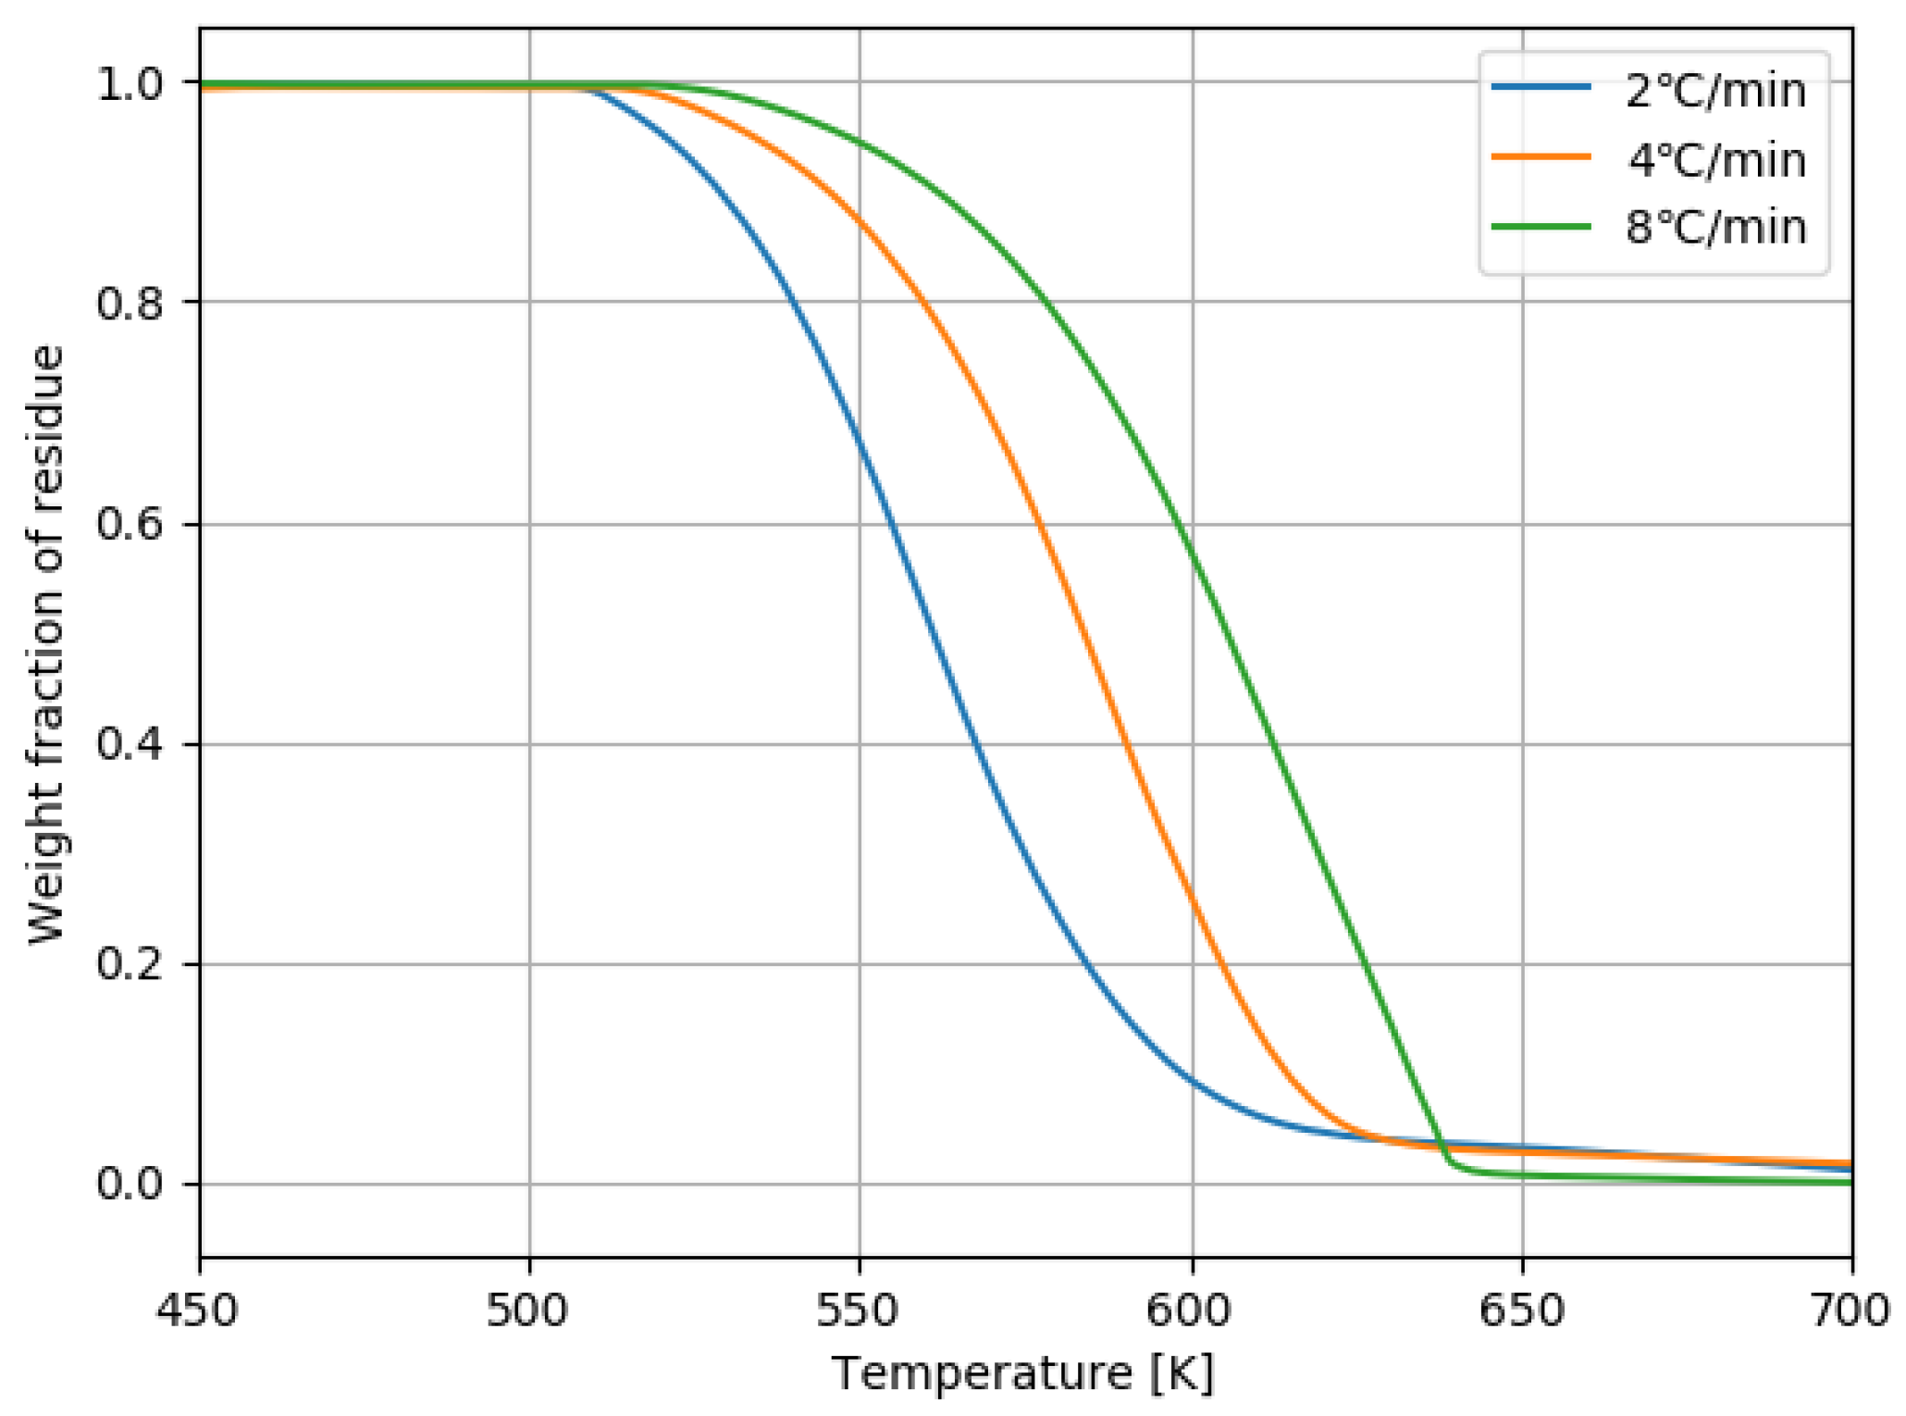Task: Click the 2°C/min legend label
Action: (1715, 91)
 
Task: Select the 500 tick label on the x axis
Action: (529, 1310)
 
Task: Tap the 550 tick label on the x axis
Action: (860, 1310)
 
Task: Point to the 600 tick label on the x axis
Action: (1192, 1310)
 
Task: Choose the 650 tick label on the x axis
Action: (1522, 1310)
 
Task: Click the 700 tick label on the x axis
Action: (1850, 1310)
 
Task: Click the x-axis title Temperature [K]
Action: (1023, 1374)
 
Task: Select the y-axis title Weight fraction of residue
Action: (46, 644)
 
